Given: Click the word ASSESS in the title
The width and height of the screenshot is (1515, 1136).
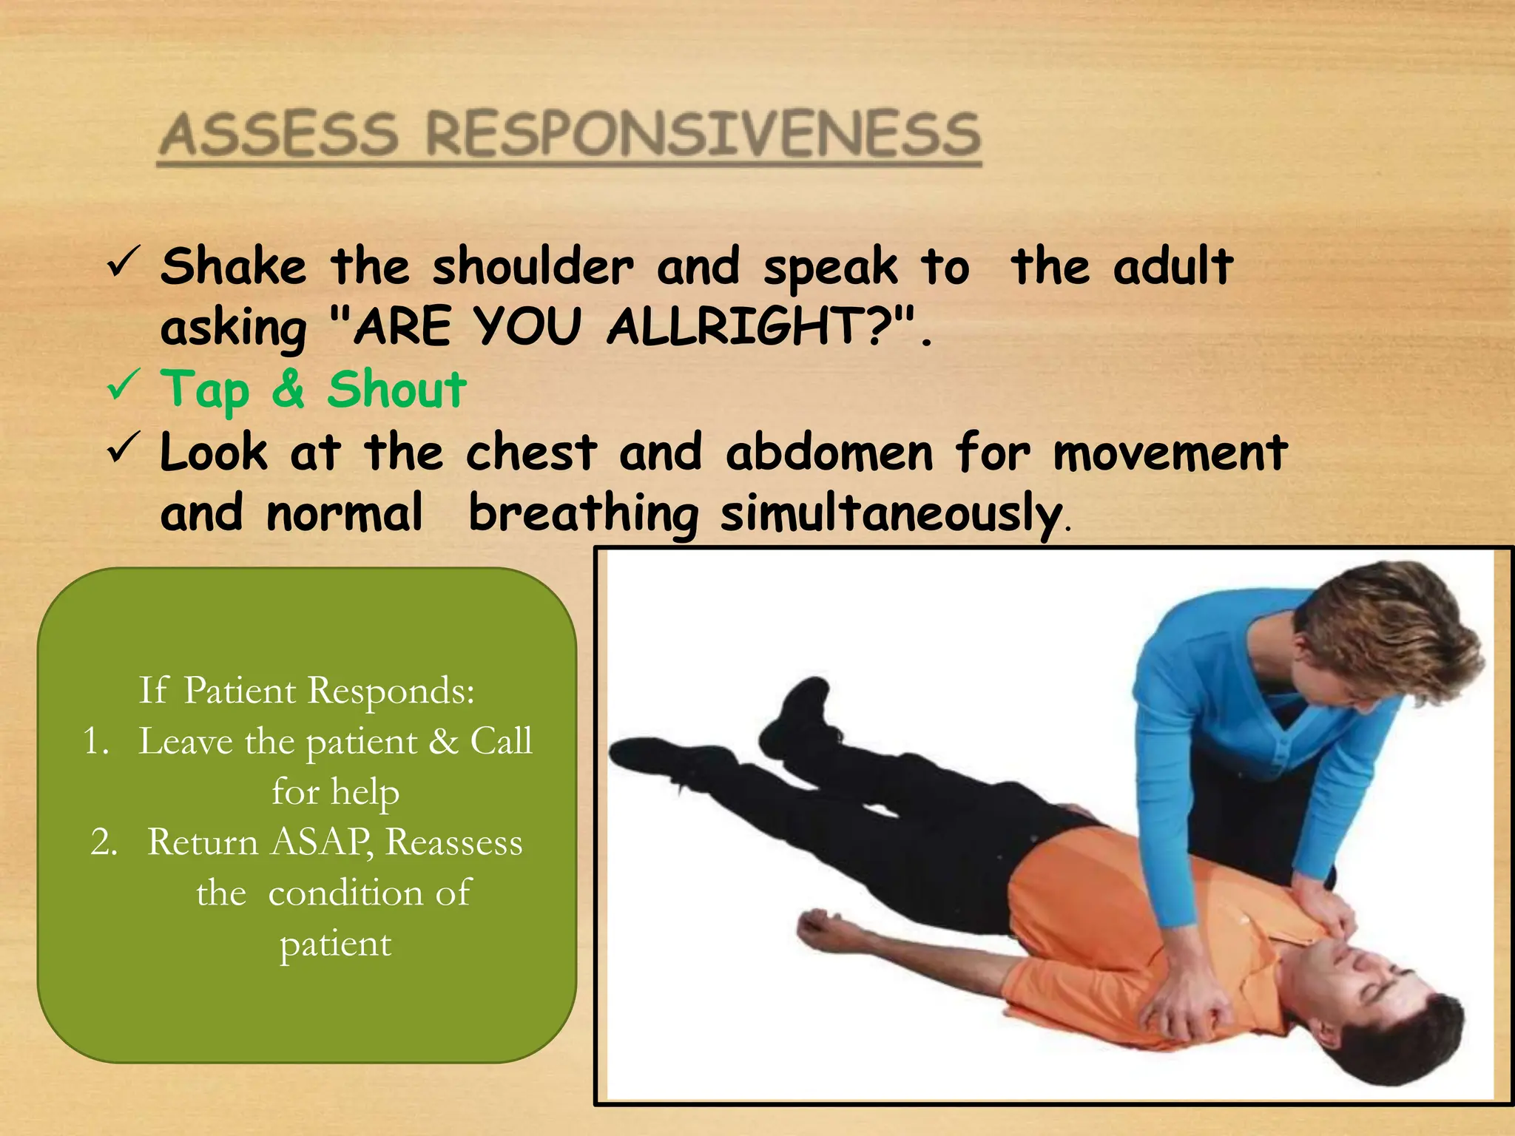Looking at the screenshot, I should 280,135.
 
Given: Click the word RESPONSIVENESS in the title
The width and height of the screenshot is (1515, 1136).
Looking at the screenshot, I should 703,135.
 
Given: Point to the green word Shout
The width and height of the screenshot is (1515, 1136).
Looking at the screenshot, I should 397,390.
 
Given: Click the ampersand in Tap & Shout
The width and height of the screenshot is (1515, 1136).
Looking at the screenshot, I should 289,390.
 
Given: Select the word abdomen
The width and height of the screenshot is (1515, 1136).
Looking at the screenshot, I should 829,453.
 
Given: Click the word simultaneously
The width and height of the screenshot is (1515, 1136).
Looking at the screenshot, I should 891,514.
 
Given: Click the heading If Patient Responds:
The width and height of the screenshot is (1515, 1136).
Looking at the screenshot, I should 306,691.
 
